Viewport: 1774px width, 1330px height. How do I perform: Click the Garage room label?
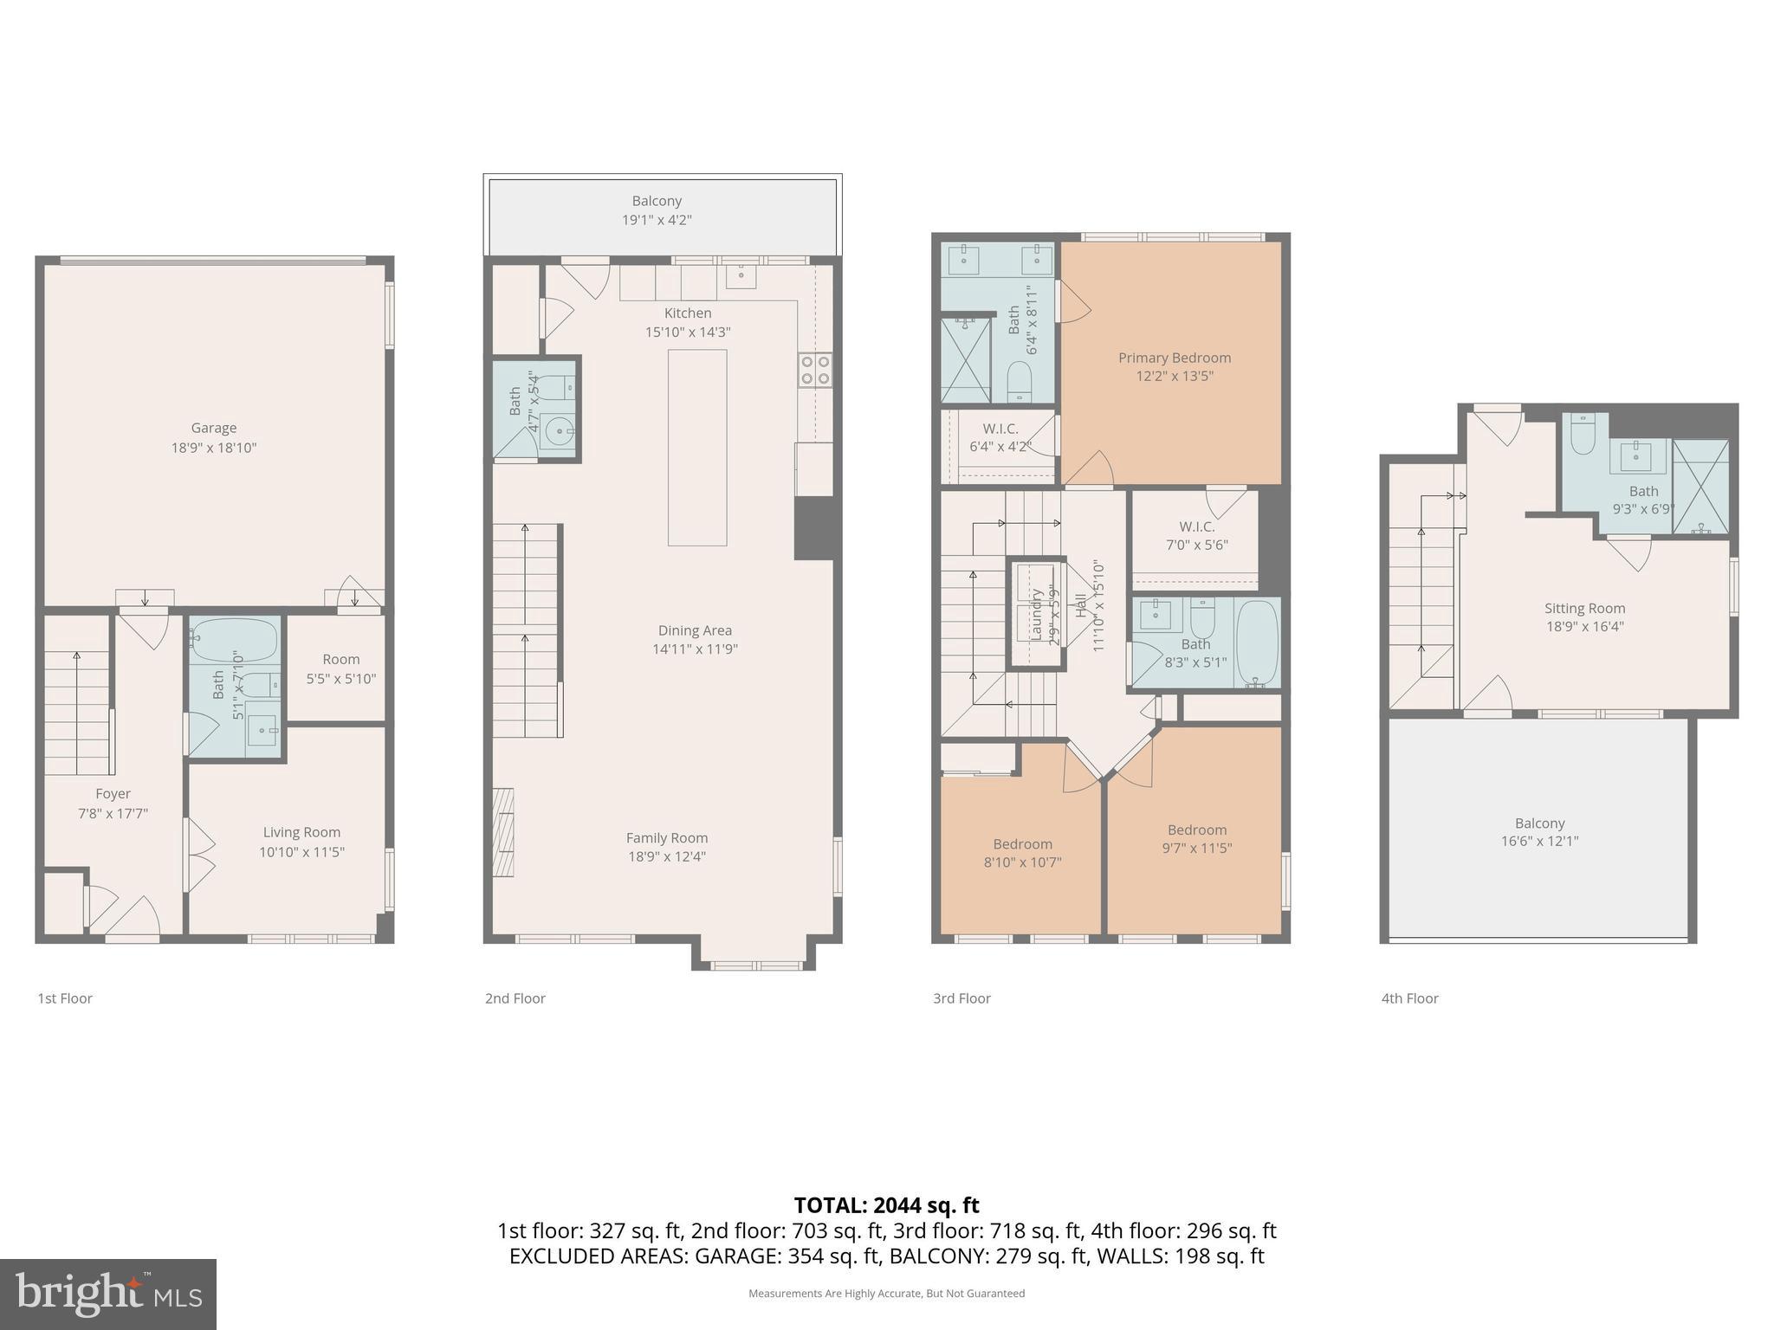pos(213,428)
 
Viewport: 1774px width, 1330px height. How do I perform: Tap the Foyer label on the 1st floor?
pos(113,794)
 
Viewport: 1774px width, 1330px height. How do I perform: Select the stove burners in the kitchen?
pos(815,370)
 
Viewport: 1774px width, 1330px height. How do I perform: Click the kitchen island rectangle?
pos(696,448)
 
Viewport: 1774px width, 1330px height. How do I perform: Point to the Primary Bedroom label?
pos(1174,358)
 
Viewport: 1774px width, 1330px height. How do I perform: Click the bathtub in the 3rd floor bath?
pos(1256,643)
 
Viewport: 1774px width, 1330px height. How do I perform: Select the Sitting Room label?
pos(1584,609)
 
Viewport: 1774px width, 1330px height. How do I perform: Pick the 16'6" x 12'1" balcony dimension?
pos(1539,841)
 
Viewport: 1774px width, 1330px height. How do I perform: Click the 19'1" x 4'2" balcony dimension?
pos(657,220)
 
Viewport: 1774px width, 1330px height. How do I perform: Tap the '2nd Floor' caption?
pos(515,998)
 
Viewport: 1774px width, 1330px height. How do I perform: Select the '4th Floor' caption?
pos(1409,998)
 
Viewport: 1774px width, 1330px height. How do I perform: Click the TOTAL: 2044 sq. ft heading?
pos(886,1205)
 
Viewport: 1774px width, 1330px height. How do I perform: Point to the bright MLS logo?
pos(108,1294)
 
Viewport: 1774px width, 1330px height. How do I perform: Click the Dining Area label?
pos(695,630)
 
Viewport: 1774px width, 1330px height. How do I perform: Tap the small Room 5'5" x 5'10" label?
pos(340,668)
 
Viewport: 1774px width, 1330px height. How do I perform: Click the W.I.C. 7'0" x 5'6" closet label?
pos(1196,536)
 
